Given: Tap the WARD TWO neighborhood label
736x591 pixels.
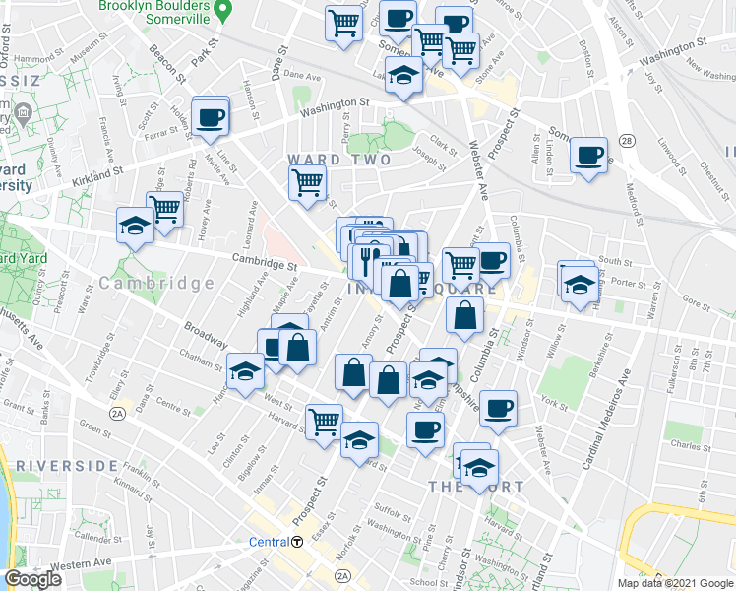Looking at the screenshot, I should (x=338, y=160).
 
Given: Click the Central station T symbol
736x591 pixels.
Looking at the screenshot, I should (x=296, y=542).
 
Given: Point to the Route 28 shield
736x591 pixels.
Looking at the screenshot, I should (x=627, y=142).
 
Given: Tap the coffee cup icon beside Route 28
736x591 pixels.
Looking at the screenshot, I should (x=589, y=157).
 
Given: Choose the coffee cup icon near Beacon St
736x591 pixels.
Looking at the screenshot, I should (x=211, y=118).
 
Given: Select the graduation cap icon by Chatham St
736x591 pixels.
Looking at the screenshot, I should (x=245, y=371).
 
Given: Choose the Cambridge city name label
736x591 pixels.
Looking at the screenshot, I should (x=156, y=283).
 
